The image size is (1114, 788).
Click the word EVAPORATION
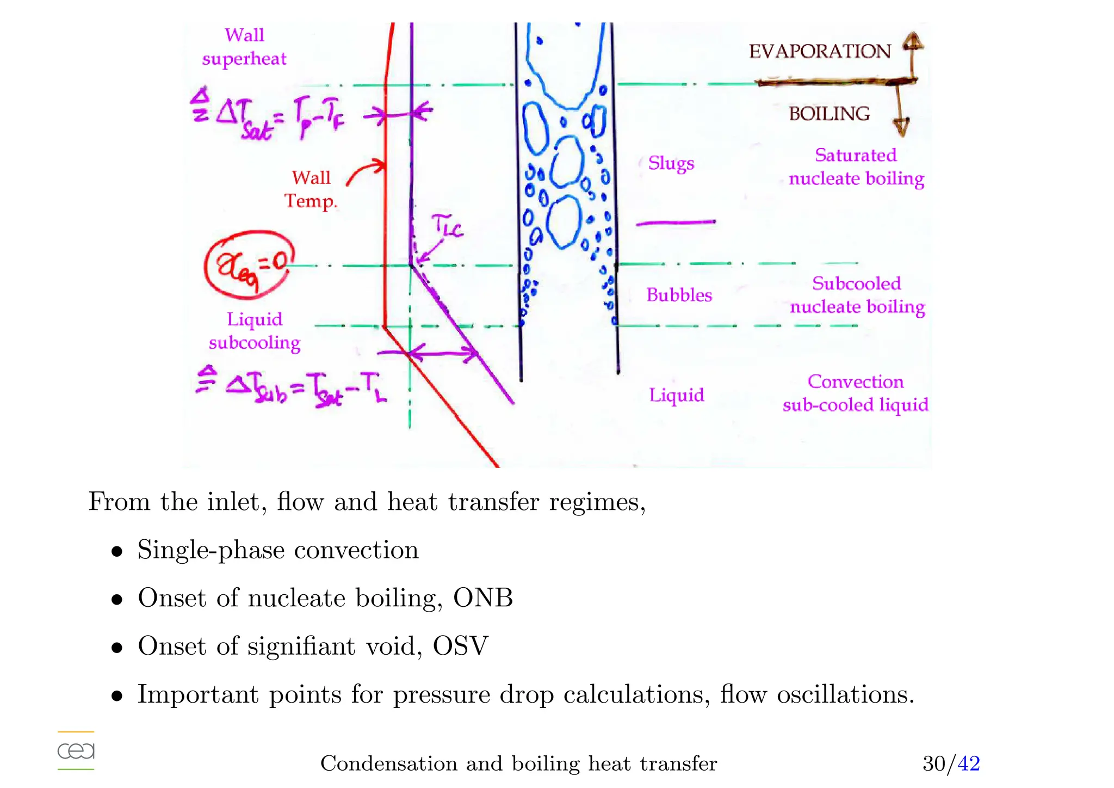pyautogui.click(x=819, y=52)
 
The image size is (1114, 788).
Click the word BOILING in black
pyautogui.click(x=829, y=114)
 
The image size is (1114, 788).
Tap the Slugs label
pyautogui.click(x=671, y=163)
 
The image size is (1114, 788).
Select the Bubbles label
pyautogui.click(x=679, y=295)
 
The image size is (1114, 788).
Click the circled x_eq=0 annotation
pyautogui.click(x=250, y=264)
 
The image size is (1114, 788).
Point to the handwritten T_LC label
pyautogui.click(x=447, y=226)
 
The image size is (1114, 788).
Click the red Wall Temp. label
pyautogui.click(x=311, y=189)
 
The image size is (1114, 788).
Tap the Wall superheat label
pyautogui.click(x=244, y=47)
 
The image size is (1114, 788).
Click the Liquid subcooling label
pyautogui.click(x=255, y=331)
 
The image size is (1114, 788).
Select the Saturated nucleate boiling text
pyautogui.click(x=856, y=167)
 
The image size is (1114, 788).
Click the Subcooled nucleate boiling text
pyautogui.click(x=857, y=295)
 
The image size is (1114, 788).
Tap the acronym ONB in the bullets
pyautogui.click(x=483, y=598)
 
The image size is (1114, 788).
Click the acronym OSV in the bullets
pyautogui.click(x=460, y=646)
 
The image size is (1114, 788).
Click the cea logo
pyautogui.click(x=76, y=750)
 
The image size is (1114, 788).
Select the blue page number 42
pyautogui.click(x=968, y=764)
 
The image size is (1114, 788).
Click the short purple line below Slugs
pyautogui.click(x=676, y=222)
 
